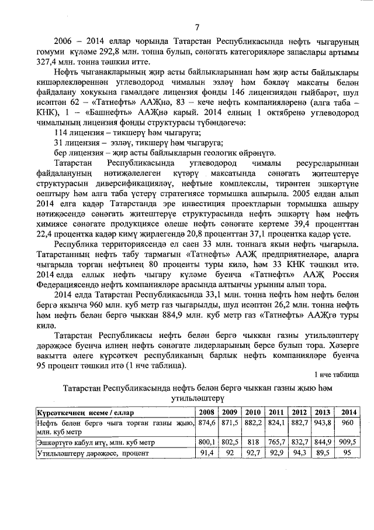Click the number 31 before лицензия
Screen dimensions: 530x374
click(x=58, y=143)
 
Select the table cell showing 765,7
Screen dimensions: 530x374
click(x=276, y=442)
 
